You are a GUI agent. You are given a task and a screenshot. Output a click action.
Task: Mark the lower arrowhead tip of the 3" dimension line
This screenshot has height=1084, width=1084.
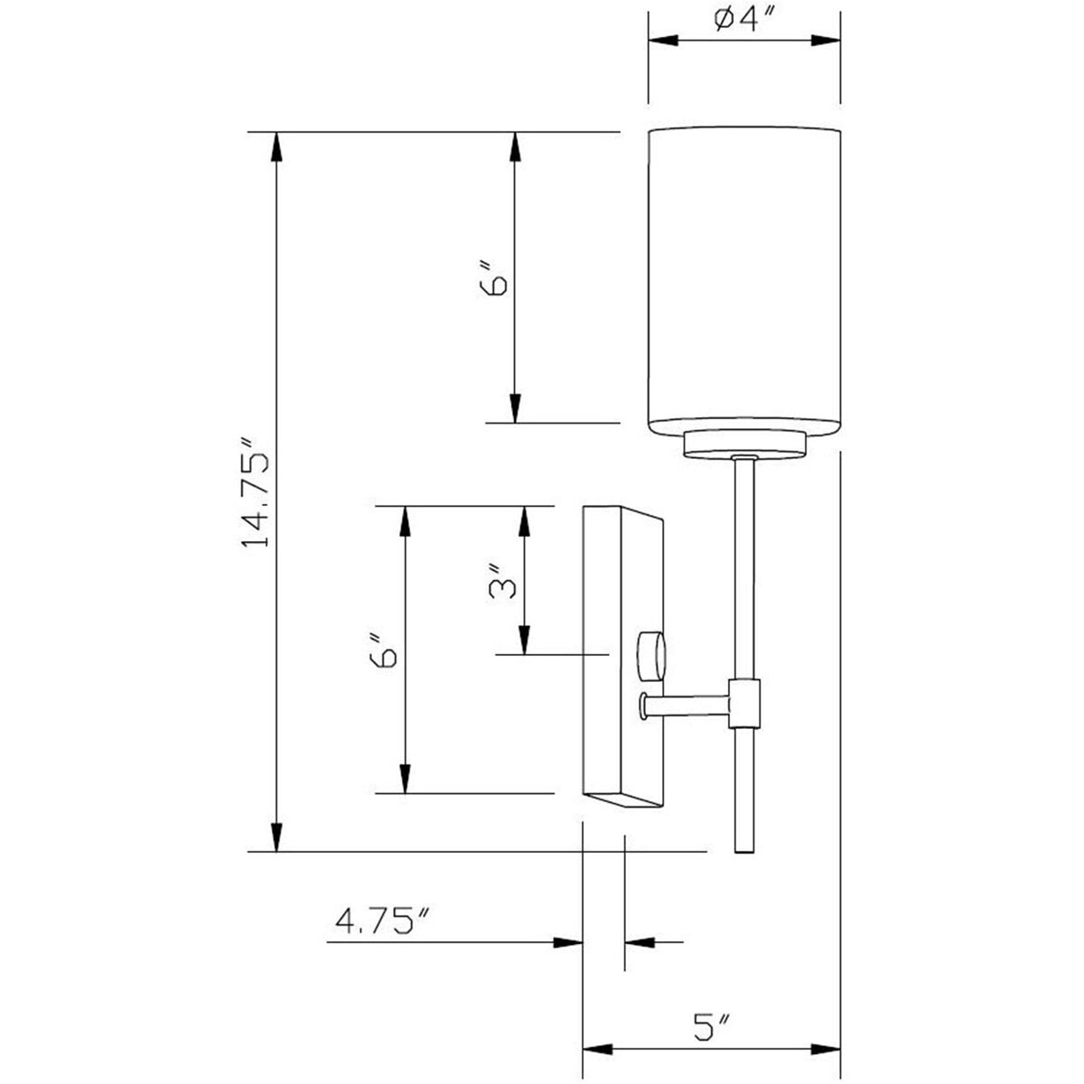(x=524, y=654)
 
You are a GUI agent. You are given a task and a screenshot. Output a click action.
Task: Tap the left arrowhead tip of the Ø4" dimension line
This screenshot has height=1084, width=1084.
(x=649, y=40)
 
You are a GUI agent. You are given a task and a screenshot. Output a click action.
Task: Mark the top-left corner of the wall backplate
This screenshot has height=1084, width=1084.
(x=584, y=506)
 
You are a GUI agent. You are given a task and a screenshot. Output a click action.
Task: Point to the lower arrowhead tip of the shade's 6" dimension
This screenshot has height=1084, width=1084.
(x=515, y=423)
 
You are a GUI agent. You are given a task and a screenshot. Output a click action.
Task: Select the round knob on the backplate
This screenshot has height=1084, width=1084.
(x=651, y=656)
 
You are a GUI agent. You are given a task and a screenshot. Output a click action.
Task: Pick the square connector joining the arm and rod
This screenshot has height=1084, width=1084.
(x=744, y=704)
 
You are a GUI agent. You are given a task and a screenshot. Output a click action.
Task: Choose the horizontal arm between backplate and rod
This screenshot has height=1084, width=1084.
(x=685, y=706)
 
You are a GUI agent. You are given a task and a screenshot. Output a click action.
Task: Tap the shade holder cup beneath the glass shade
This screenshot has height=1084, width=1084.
(x=744, y=445)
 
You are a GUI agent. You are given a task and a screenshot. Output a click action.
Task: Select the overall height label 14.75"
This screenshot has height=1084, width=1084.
(x=256, y=492)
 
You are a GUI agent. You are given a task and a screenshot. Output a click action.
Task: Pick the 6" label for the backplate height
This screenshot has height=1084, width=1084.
(x=384, y=650)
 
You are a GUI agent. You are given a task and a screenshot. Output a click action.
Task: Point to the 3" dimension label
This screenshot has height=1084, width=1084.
(x=502, y=581)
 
